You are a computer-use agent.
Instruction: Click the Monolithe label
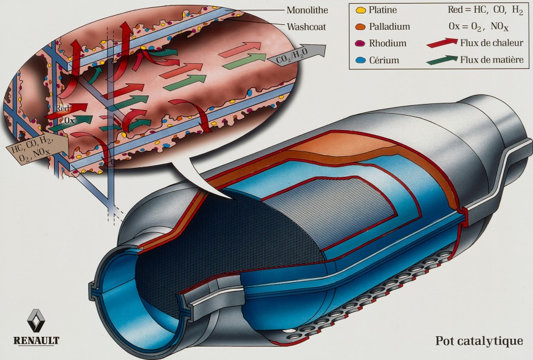307,10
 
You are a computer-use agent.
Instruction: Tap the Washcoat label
306,27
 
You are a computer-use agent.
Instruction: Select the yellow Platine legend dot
360,10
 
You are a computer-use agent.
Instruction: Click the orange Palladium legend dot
360,27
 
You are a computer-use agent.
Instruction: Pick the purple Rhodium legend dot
360,44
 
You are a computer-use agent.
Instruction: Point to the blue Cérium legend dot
360,60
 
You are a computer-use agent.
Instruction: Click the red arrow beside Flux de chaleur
442,44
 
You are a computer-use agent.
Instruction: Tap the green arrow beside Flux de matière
442,60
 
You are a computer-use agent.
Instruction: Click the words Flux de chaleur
492,43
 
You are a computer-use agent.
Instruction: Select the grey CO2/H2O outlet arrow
297,55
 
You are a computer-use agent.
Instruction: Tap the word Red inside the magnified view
63,108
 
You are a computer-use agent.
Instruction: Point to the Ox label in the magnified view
69,120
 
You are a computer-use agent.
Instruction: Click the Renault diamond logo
36,320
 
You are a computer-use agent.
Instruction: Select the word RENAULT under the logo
36,341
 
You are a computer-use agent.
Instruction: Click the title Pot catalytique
480,341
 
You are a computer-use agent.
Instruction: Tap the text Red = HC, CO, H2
486,10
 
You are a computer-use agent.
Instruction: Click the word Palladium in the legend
390,27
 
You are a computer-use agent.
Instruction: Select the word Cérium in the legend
384,60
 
